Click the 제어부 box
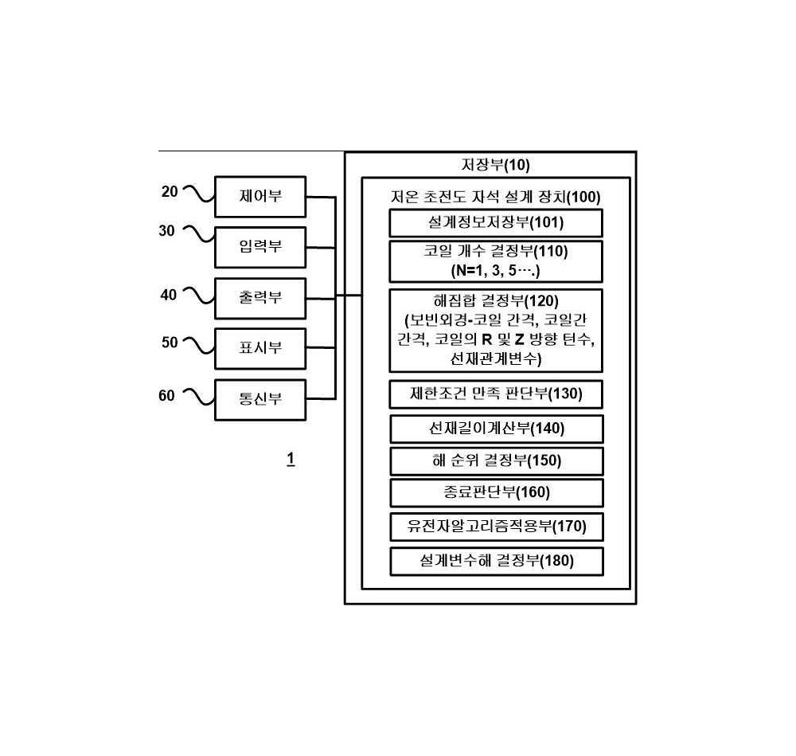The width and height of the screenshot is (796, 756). [x=260, y=197]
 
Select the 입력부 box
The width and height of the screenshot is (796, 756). [x=260, y=248]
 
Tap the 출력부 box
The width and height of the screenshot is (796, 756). [x=260, y=298]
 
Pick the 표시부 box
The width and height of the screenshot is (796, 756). [x=260, y=349]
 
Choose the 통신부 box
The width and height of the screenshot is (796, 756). [x=260, y=399]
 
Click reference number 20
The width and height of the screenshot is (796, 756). [x=170, y=191]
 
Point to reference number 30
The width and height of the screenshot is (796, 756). [x=166, y=231]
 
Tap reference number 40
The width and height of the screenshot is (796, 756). [x=169, y=295]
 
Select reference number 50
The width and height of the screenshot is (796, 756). [x=170, y=343]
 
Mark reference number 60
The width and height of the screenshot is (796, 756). [x=166, y=395]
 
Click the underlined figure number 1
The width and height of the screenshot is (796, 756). [x=291, y=460]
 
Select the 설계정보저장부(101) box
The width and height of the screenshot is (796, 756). [x=496, y=223]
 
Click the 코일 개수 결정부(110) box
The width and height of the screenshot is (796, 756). [x=496, y=261]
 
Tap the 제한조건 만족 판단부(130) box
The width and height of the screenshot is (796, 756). [x=496, y=394]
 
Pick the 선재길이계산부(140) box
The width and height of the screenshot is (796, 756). [x=497, y=429]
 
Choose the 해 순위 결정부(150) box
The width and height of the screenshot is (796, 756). [x=497, y=460]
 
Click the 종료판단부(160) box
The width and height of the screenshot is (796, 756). [x=497, y=493]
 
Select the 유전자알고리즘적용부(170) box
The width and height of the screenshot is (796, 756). [x=497, y=527]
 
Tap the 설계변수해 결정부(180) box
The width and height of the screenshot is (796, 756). [x=497, y=562]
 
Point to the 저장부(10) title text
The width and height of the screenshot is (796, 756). [x=495, y=165]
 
